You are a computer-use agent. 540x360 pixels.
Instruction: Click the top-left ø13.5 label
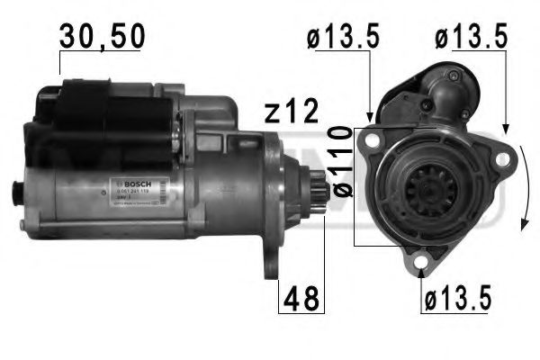(x=342, y=38)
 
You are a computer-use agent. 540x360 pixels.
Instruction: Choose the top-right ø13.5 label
(x=471, y=38)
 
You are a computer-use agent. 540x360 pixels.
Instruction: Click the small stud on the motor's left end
(x=16, y=191)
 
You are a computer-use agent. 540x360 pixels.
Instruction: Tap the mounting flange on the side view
(x=273, y=202)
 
